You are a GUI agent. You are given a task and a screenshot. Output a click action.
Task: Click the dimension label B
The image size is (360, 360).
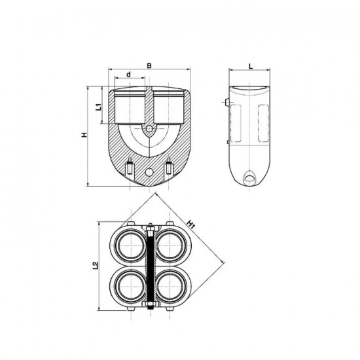click(150, 65)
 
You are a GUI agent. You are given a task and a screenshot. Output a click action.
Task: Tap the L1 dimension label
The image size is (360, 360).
click(98, 105)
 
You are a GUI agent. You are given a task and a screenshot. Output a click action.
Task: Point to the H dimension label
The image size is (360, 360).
click(83, 135)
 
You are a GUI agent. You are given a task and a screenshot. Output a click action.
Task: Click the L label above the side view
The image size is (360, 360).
click(251, 65)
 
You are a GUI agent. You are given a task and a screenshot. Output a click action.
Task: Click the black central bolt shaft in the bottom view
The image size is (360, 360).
click(150, 265)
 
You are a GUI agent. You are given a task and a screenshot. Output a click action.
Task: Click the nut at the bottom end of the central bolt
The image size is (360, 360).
click(150, 305)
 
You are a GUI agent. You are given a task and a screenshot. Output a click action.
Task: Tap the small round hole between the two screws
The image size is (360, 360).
click(150, 171)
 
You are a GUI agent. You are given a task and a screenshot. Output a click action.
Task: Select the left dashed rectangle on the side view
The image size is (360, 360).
click(236, 124)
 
